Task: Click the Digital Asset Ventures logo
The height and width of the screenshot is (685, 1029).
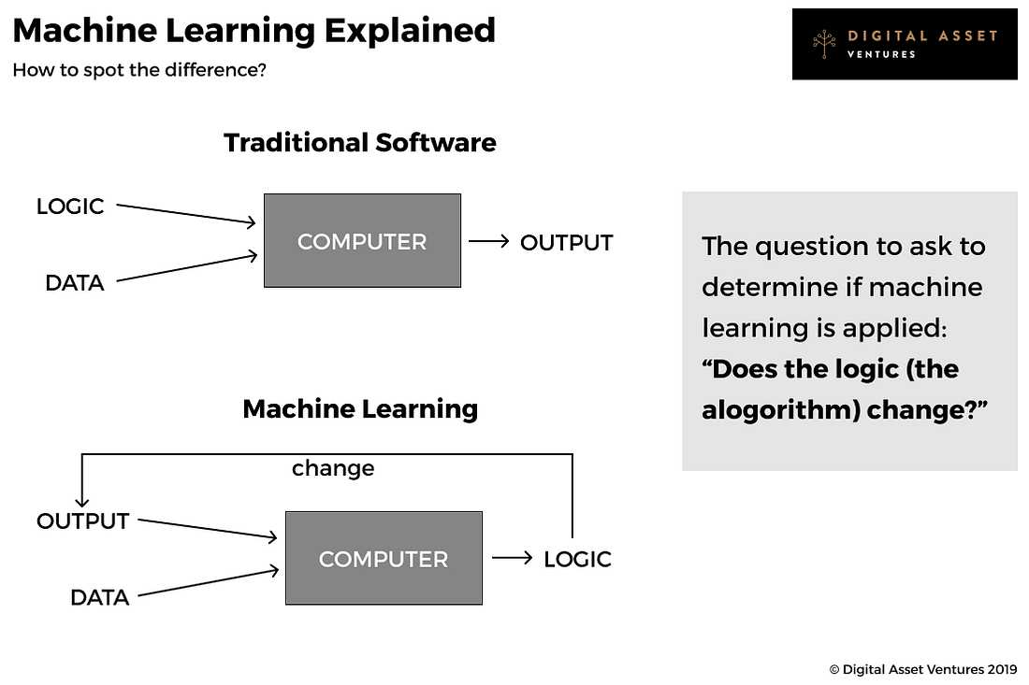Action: point(904,44)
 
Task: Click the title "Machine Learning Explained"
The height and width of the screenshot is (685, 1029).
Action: point(254,31)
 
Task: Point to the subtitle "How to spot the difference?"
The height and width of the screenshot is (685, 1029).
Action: point(139,70)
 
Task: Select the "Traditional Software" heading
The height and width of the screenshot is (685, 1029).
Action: point(359,142)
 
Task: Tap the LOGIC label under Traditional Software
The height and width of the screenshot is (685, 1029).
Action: point(70,207)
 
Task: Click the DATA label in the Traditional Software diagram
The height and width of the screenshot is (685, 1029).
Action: point(75,282)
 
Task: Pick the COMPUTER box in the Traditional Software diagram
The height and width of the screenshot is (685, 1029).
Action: point(362,241)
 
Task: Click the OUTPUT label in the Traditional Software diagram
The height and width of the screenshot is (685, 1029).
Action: point(566,242)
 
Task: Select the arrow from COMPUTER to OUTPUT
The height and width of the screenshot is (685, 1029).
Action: point(488,242)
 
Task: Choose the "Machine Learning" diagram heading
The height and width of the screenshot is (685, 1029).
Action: point(359,408)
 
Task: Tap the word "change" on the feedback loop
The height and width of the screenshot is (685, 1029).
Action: point(333,468)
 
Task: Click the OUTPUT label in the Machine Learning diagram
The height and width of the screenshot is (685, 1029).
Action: point(82,521)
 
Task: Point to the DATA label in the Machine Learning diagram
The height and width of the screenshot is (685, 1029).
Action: point(99,596)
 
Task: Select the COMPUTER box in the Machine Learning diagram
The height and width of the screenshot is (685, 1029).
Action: point(384,559)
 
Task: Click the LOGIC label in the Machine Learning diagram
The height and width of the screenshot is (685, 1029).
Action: point(577,559)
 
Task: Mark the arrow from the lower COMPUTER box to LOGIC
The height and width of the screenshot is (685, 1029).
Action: point(512,559)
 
